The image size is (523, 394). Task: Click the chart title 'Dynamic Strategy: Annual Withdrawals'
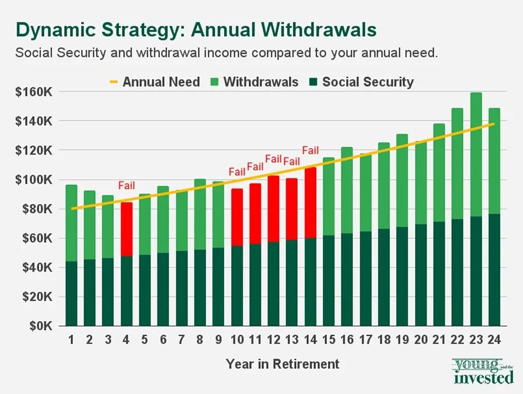click(196, 29)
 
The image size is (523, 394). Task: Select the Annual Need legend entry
click(154, 82)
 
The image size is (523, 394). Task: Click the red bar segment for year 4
click(127, 229)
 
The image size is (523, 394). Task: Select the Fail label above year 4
click(127, 186)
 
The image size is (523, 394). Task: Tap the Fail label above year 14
click(311, 151)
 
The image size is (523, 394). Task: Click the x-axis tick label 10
click(237, 340)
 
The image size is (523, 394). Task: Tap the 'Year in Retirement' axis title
click(283, 364)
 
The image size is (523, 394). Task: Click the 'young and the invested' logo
click(483, 372)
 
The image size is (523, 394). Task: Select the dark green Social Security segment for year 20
click(421, 274)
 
